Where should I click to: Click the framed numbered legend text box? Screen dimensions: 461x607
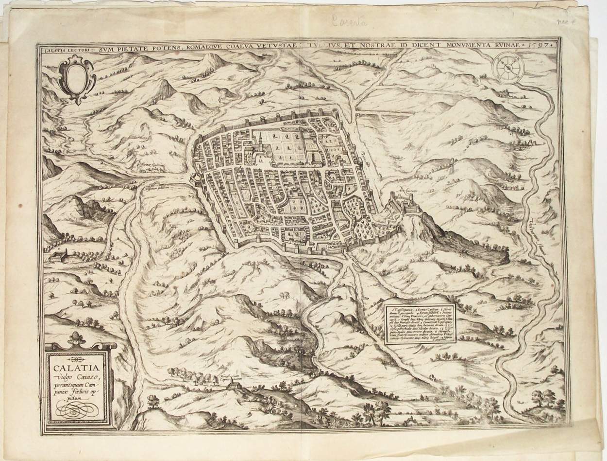(x=420, y=324)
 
